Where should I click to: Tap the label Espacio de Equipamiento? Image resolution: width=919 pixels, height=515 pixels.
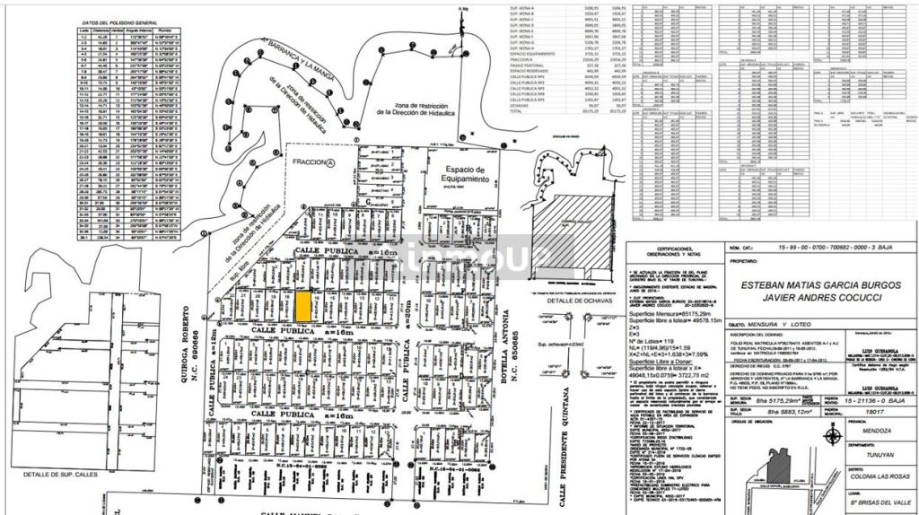coord(457,175)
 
